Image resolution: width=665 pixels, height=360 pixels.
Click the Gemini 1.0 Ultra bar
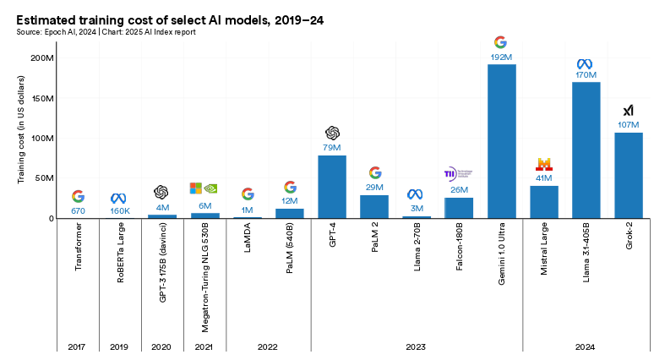501,142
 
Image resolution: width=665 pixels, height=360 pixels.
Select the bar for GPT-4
332,187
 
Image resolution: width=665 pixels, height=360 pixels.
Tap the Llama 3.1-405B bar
586,150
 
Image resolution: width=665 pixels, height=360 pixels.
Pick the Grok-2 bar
628,176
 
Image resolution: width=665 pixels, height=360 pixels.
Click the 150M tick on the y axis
42,98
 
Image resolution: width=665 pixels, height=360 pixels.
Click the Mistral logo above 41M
544,164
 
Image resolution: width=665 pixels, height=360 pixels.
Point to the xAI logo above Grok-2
628,111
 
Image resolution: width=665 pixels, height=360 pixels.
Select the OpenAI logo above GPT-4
332,133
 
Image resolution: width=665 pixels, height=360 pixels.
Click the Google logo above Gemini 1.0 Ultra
501,41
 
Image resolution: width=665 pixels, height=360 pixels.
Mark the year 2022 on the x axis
269,346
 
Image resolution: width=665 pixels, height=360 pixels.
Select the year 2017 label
78,346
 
